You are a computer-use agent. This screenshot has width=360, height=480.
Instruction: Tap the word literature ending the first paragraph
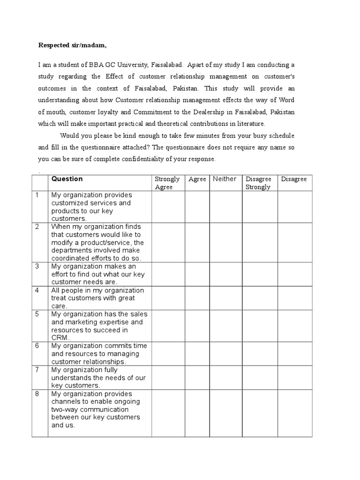[251, 124]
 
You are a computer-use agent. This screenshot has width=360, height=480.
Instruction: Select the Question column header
[67, 179]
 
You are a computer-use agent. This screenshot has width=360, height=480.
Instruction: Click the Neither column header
[225, 179]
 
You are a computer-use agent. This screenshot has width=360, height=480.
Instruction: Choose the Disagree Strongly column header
[259, 183]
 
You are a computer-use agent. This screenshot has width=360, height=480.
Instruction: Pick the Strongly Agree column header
[167, 183]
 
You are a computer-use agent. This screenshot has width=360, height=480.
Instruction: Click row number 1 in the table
[37, 195]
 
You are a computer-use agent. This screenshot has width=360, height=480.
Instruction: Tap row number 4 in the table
[37, 290]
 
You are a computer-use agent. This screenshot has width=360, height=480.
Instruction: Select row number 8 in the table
[37, 394]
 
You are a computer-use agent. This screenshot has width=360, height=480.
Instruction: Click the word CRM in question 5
[60, 337]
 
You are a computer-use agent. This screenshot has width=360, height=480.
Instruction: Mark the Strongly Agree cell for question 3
[168, 274]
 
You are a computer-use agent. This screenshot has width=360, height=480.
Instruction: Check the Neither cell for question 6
[225, 353]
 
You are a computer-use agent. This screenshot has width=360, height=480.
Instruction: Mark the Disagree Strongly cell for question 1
[260, 206]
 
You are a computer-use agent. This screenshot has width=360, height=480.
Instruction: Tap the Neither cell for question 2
[225, 242]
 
